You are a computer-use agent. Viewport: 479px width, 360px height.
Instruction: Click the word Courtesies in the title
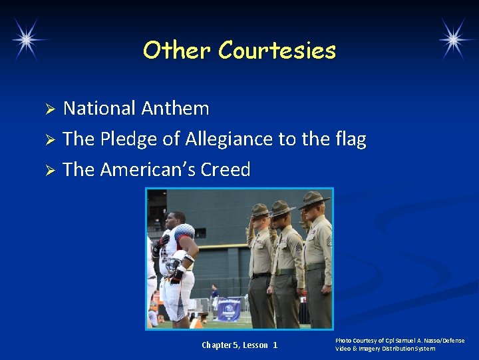click(277, 51)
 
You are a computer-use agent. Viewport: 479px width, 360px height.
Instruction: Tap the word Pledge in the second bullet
click(129, 139)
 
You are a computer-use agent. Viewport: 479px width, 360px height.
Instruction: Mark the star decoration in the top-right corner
click(456, 39)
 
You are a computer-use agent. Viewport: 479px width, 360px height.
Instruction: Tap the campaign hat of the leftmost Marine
click(259, 211)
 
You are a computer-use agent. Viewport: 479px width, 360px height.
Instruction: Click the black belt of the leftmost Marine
click(260, 274)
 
